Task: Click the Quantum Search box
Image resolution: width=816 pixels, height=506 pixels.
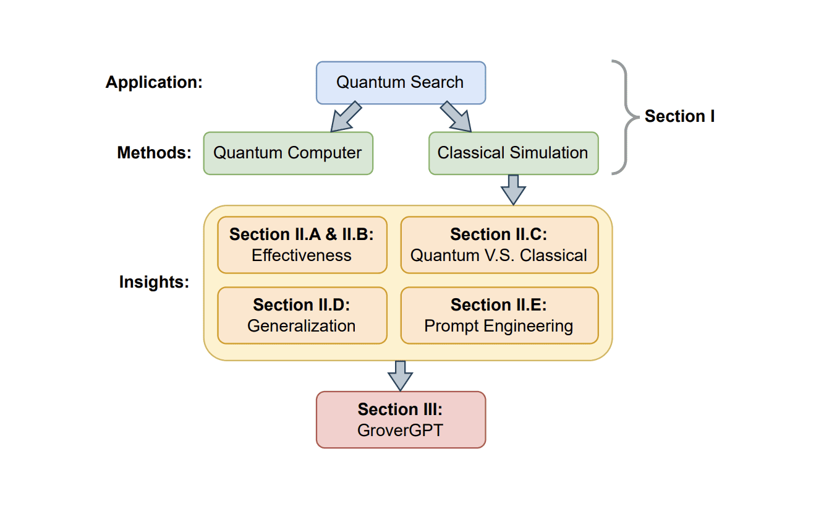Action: [401, 82]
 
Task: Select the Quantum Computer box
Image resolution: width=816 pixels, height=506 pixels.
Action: [288, 153]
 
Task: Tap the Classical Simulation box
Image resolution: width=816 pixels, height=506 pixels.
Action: [513, 153]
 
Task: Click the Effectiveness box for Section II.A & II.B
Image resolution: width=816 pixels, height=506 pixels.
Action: [302, 245]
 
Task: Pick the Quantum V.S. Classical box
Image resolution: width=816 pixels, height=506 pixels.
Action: [499, 245]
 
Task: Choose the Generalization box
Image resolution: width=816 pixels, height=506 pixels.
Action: [302, 315]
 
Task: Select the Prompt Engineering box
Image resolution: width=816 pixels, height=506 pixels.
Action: [499, 315]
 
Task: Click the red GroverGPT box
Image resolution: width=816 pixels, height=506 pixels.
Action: [401, 419]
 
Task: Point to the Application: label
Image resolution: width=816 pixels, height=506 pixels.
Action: [154, 82]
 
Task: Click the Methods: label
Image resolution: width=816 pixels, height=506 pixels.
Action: [155, 153]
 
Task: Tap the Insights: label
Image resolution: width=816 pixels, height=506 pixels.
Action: [155, 282]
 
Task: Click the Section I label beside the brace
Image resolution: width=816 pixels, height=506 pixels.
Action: [679, 116]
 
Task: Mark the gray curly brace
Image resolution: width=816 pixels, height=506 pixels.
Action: [624, 117]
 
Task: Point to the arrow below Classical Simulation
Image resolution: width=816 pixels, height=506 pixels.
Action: [513, 189]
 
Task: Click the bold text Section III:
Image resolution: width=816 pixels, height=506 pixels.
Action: [401, 410]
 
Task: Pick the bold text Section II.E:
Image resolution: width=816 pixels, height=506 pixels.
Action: [499, 305]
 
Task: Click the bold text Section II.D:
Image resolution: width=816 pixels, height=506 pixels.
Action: [302, 305]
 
